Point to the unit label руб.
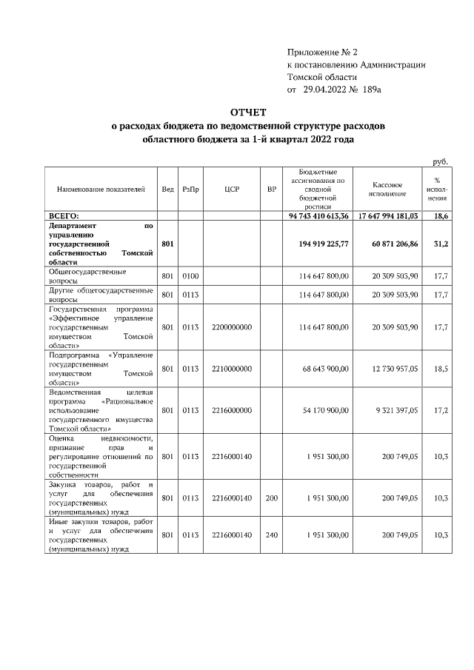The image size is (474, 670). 440,161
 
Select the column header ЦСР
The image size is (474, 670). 232,190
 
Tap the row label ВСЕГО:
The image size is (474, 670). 64,215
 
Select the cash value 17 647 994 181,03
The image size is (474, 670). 389,215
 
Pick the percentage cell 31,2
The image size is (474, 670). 441,242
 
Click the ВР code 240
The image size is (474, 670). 272,534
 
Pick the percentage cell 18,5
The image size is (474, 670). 441,368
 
